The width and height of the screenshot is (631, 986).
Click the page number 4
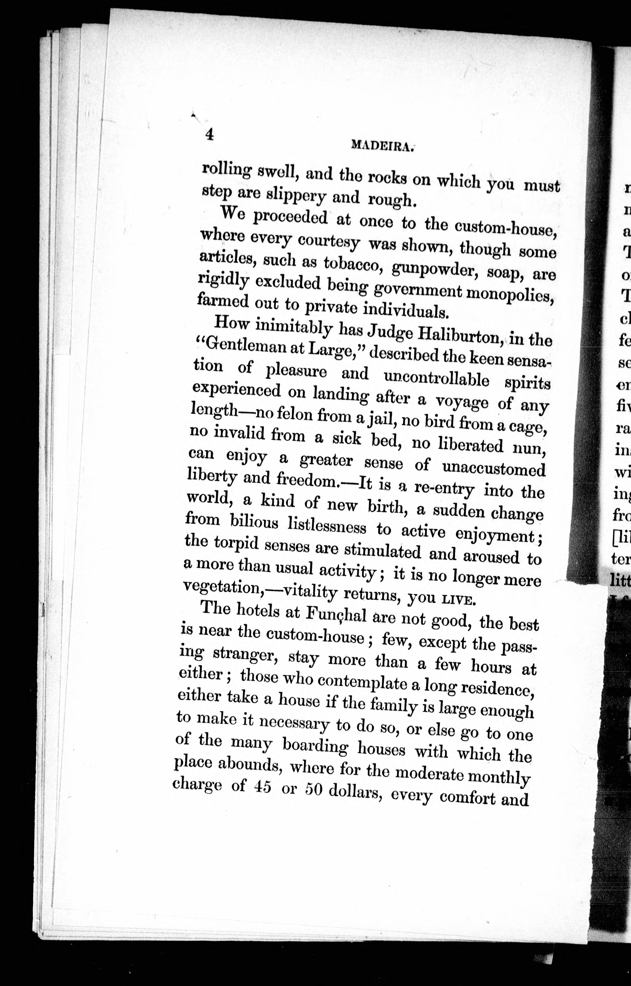click(209, 134)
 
